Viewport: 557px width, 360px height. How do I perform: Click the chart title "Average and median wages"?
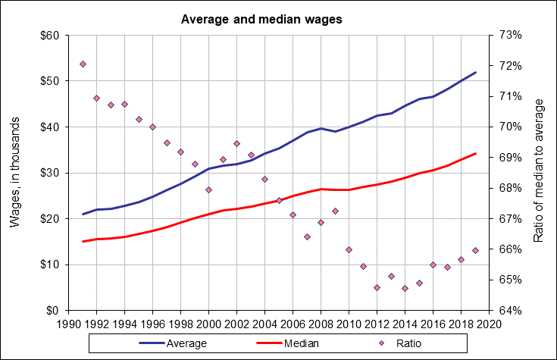261,19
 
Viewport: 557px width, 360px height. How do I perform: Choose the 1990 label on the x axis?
69,323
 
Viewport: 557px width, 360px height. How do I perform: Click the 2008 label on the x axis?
321,323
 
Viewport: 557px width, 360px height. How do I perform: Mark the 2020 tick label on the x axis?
489,323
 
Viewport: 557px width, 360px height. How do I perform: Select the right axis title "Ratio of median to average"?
539,173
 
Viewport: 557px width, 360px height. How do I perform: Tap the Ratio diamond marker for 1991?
83,64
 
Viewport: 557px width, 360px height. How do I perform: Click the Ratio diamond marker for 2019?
475,250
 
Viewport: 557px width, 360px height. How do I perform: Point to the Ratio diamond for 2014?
405,288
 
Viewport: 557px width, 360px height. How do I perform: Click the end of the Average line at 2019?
475,72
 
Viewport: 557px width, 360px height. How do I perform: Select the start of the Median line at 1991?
83,242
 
